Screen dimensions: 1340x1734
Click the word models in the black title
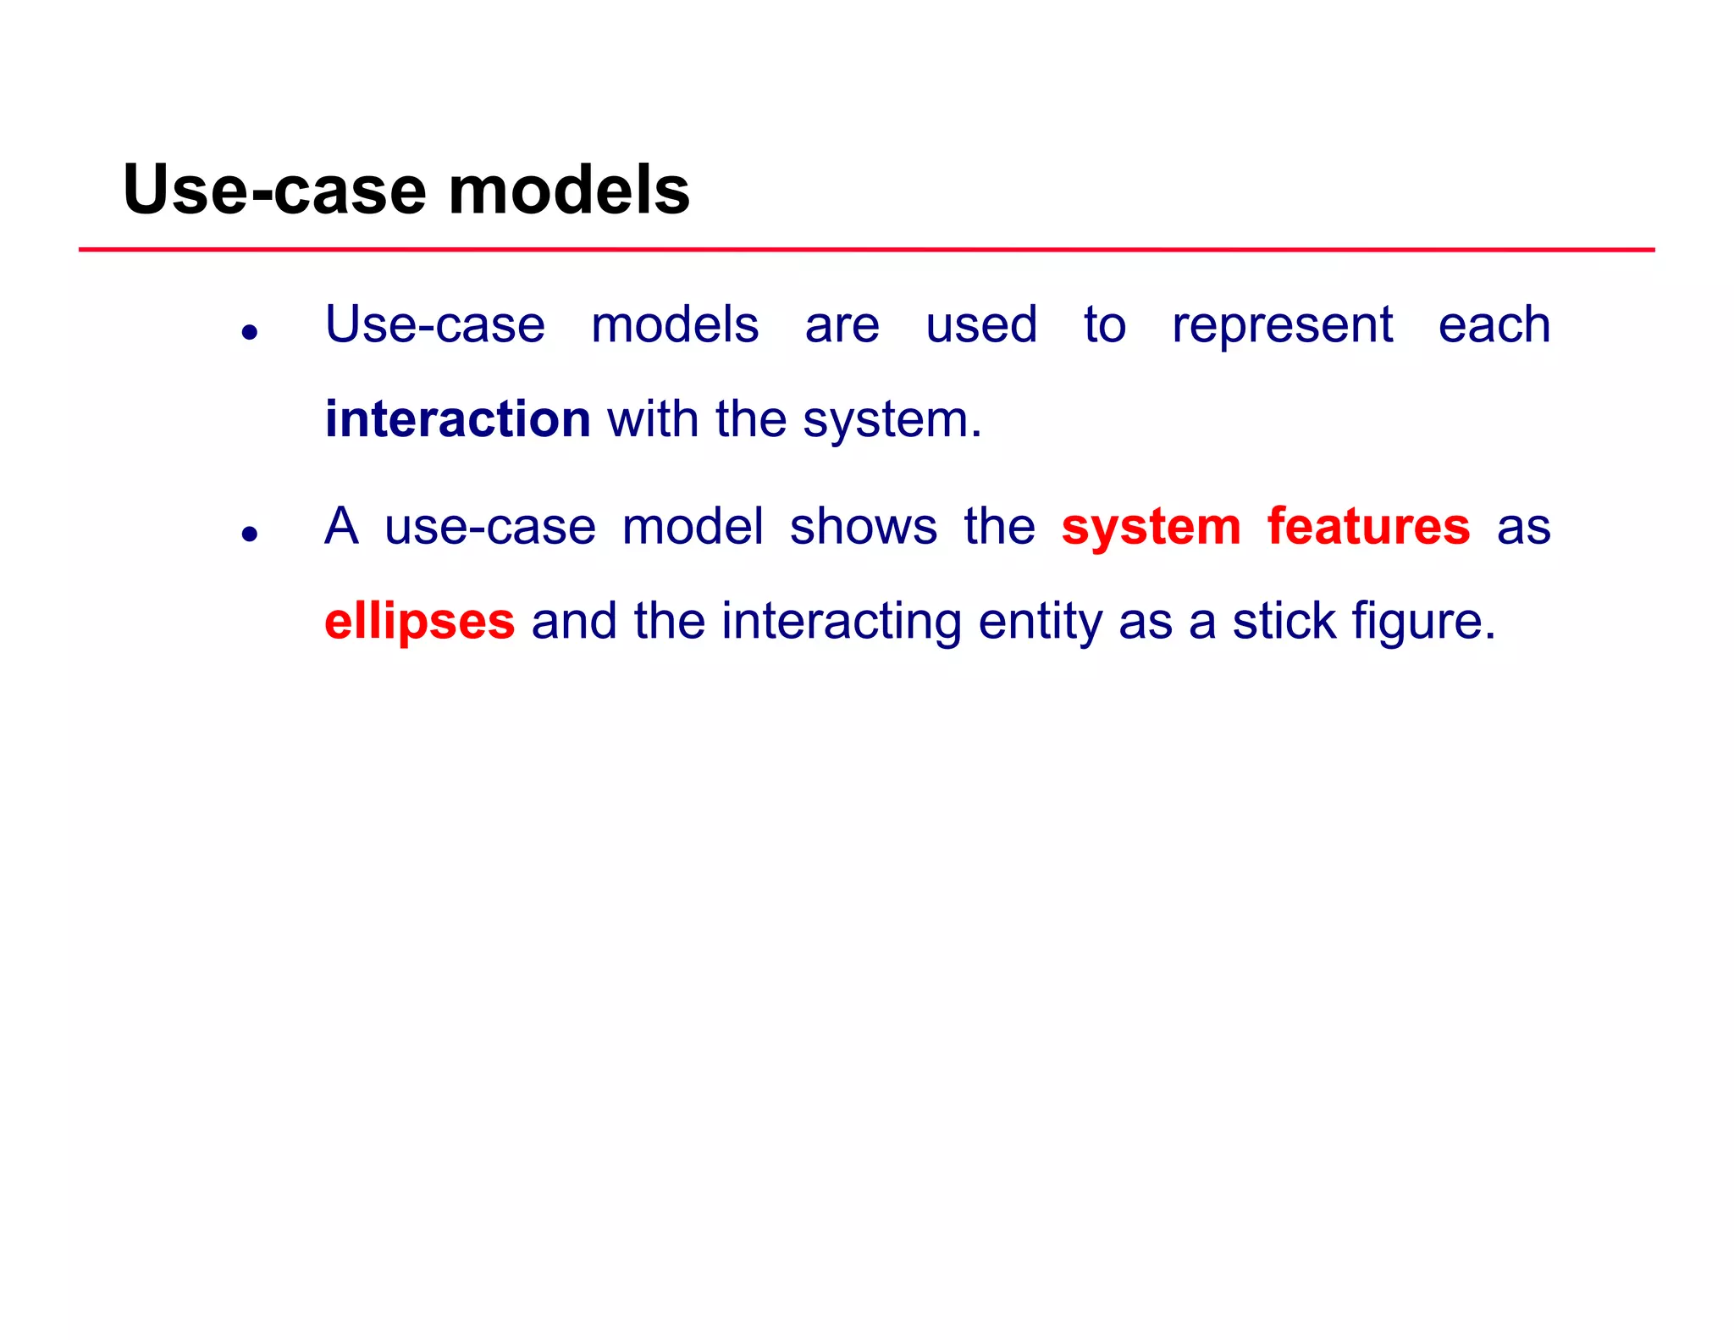click(x=569, y=191)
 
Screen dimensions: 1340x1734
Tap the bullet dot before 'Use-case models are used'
click(x=249, y=332)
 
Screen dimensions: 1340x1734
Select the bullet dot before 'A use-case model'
click(x=249, y=534)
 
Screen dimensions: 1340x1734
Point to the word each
click(x=1494, y=324)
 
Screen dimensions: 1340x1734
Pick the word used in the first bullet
click(x=981, y=324)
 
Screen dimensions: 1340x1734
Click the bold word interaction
click(x=457, y=419)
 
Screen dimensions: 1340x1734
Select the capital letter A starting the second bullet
click(x=342, y=526)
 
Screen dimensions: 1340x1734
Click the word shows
click(x=863, y=526)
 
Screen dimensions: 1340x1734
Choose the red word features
click(x=1368, y=526)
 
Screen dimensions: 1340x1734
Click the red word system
click(x=1151, y=528)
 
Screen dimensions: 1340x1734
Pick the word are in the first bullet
click(x=842, y=326)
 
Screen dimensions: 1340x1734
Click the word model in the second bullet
click(x=693, y=526)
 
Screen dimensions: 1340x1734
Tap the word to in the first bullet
click(x=1104, y=324)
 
